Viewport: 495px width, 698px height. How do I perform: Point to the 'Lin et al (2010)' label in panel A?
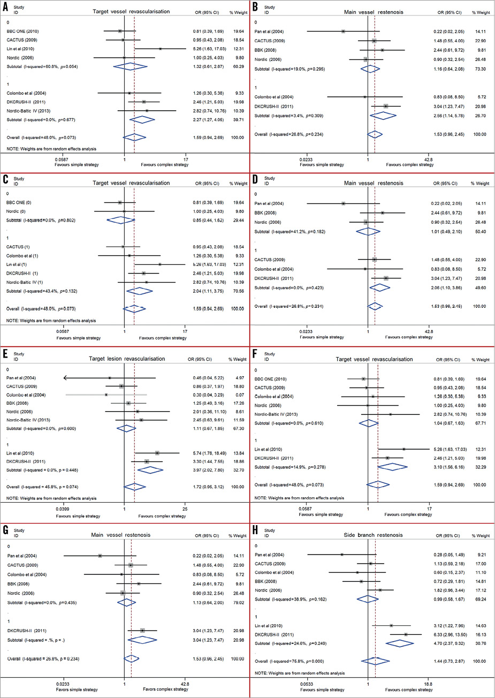pos(22,49)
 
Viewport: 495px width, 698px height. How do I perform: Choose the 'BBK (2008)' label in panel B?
pos(265,50)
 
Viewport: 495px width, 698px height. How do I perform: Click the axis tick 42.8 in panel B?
pos(428,160)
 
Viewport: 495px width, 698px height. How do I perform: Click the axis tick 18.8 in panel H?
pos(428,684)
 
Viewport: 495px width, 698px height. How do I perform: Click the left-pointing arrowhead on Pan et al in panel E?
pos(65,378)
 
